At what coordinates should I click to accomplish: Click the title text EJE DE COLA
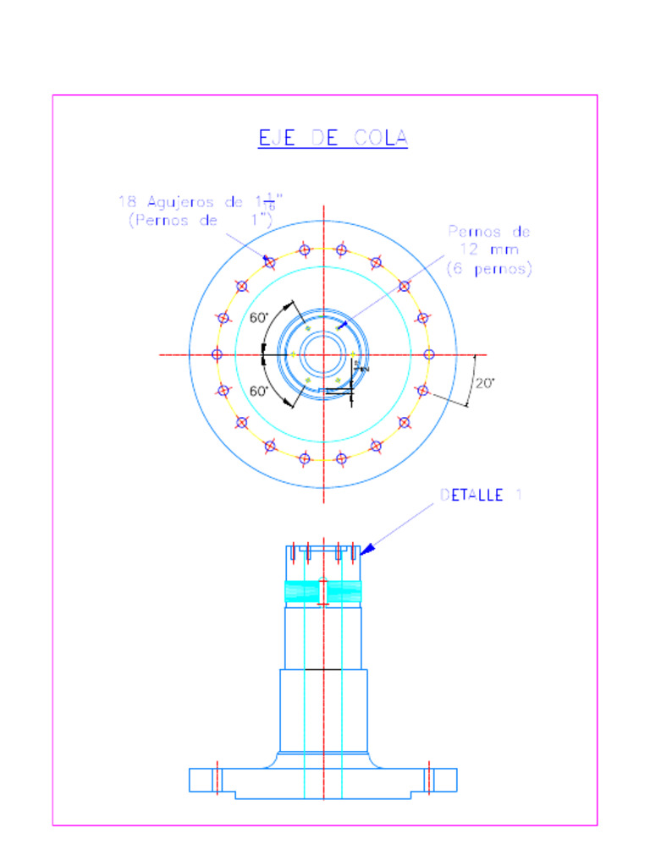(x=333, y=138)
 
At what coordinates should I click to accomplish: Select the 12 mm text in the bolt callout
(x=489, y=249)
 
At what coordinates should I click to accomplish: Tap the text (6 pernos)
(x=488, y=269)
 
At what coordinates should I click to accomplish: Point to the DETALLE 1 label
(x=481, y=495)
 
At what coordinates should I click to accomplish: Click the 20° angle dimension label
(x=484, y=383)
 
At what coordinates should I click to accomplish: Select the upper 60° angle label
(x=259, y=318)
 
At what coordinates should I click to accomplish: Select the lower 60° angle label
(x=259, y=391)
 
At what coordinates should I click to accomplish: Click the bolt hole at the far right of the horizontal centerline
(x=428, y=354)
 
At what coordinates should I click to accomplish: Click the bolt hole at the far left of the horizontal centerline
(x=217, y=354)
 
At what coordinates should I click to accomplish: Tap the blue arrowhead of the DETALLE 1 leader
(x=366, y=551)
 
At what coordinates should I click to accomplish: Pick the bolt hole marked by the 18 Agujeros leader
(x=270, y=262)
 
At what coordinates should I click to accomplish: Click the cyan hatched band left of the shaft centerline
(x=301, y=592)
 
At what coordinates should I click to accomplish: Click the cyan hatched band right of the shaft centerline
(x=344, y=592)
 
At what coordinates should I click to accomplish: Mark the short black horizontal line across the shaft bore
(x=322, y=669)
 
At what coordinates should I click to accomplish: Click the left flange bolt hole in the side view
(x=217, y=778)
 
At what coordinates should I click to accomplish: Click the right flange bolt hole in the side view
(x=429, y=778)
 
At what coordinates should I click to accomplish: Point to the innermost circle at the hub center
(x=322, y=354)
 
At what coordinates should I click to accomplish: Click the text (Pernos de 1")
(x=201, y=220)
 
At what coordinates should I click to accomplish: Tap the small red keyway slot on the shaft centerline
(x=322, y=591)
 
